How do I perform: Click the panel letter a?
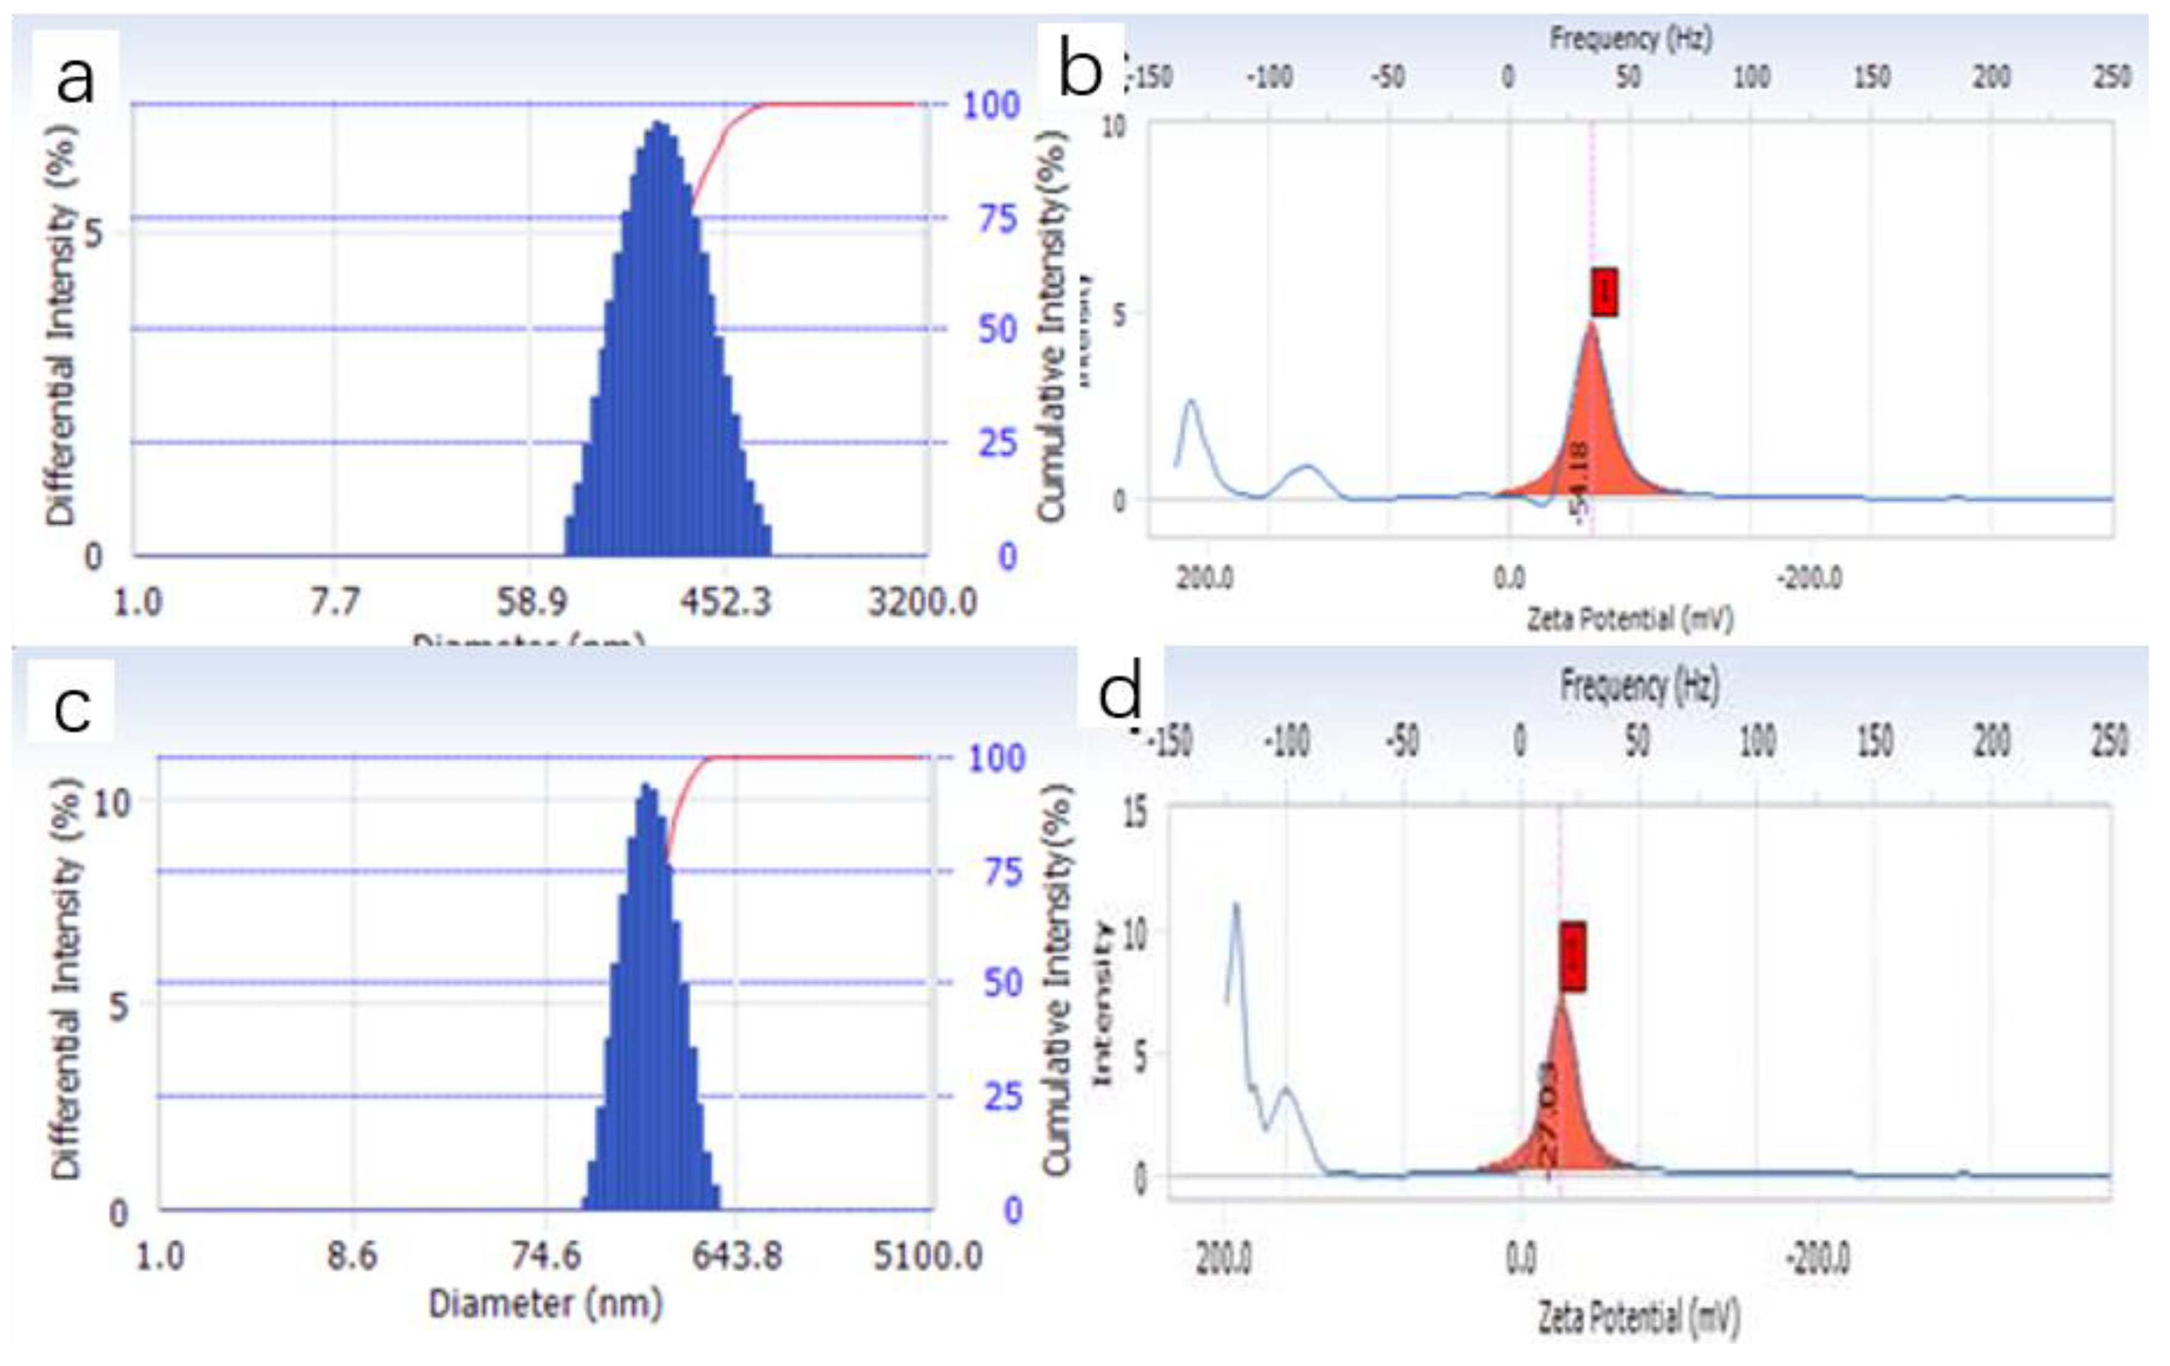[x=74, y=79]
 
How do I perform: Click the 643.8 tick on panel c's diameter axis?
[x=736, y=1255]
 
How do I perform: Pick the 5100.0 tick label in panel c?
[x=927, y=1255]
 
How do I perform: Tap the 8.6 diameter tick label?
[x=351, y=1255]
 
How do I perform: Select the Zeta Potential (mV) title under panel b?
[x=1629, y=619]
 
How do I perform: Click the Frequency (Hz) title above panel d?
[x=1639, y=686]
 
